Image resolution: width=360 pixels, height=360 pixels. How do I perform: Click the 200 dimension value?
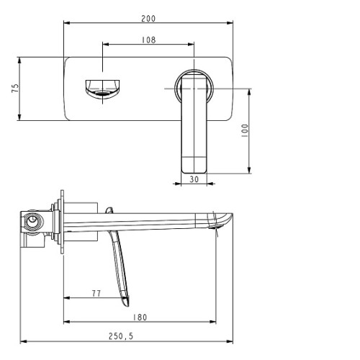click(x=148, y=19)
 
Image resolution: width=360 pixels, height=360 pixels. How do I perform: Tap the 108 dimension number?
click(x=148, y=40)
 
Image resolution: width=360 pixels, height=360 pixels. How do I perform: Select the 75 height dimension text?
click(x=15, y=88)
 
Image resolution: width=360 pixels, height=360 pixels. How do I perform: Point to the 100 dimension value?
click(x=245, y=130)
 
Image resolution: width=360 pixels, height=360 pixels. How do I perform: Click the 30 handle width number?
click(x=194, y=179)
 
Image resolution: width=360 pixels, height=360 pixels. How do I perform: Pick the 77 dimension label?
click(x=96, y=293)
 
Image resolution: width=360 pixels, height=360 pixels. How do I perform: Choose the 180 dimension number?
click(x=140, y=318)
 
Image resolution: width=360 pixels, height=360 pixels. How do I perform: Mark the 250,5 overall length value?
click(x=121, y=336)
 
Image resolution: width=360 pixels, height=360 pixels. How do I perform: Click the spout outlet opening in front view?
click(x=102, y=93)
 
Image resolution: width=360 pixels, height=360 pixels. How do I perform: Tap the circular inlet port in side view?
click(x=32, y=221)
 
